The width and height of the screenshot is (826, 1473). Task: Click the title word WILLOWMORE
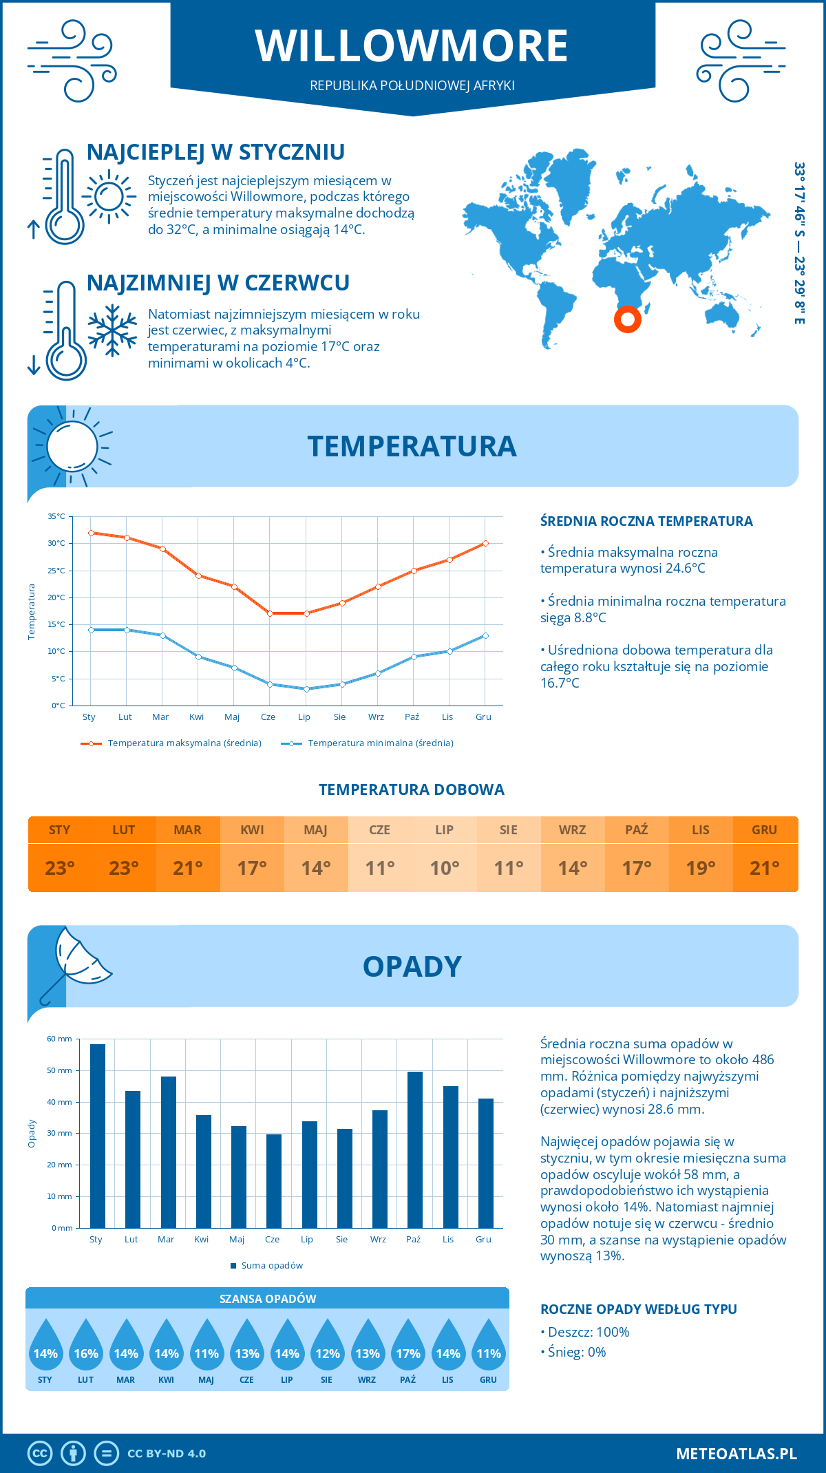click(x=412, y=46)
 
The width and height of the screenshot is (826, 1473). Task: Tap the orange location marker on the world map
click(x=627, y=319)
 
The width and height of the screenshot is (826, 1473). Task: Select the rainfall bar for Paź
click(x=414, y=1149)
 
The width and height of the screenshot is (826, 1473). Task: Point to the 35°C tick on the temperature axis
click(x=56, y=516)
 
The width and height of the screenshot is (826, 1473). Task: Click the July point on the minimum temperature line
click(x=306, y=689)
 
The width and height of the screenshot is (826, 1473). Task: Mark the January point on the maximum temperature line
click(x=91, y=533)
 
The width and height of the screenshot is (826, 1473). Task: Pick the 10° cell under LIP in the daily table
click(x=444, y=868)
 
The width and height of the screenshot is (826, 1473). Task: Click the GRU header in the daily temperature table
click(x=764, y=830)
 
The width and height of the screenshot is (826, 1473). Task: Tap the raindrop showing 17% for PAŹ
click(x=407, y=1346)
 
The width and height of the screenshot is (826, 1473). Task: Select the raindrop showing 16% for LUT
click(x=86, y=1346)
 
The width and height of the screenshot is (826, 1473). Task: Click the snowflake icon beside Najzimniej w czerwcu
click(x=112, y=330)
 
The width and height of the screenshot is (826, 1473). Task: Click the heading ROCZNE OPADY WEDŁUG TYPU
click(x=638, y=1309)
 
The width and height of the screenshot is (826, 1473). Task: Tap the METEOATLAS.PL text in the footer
click(x=736, y=1454)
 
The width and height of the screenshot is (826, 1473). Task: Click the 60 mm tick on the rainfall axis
click(x=60, y=1039)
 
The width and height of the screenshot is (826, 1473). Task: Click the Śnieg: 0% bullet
click(x=573, y=1352)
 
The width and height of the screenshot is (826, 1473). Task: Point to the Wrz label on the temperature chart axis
click(x=376, y=717)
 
